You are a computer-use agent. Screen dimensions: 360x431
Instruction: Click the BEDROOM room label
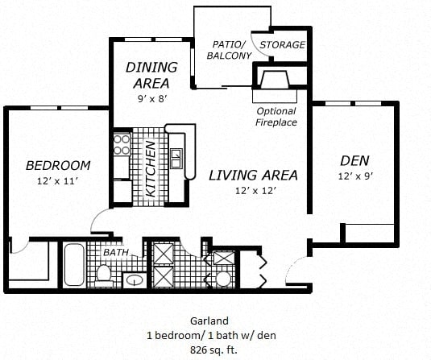[x=58, y=166]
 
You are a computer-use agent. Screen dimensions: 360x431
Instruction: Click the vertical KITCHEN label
[x=151, y=169]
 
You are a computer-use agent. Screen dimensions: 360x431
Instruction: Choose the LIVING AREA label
[x=253, y=175]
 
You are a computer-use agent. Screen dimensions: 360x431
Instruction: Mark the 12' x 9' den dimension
[x=354, y=176]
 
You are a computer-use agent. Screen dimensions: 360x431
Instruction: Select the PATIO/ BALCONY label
[x=230, y=50]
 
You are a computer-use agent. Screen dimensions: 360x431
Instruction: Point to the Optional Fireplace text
[x=276, y=117]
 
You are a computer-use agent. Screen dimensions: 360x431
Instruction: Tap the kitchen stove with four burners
[x=122, y=144]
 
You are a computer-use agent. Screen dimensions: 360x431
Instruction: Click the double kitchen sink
[x=176, y=153]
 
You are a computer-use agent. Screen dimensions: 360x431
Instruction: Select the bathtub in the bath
[x=73, y=264]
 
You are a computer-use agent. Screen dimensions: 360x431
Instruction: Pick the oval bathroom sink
[x=135, y=280]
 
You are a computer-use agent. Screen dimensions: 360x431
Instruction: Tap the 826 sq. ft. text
[x=215, y=349]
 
